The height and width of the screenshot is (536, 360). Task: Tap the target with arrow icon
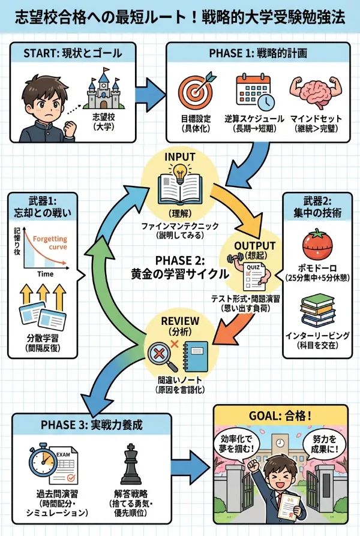tap(197, 90)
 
